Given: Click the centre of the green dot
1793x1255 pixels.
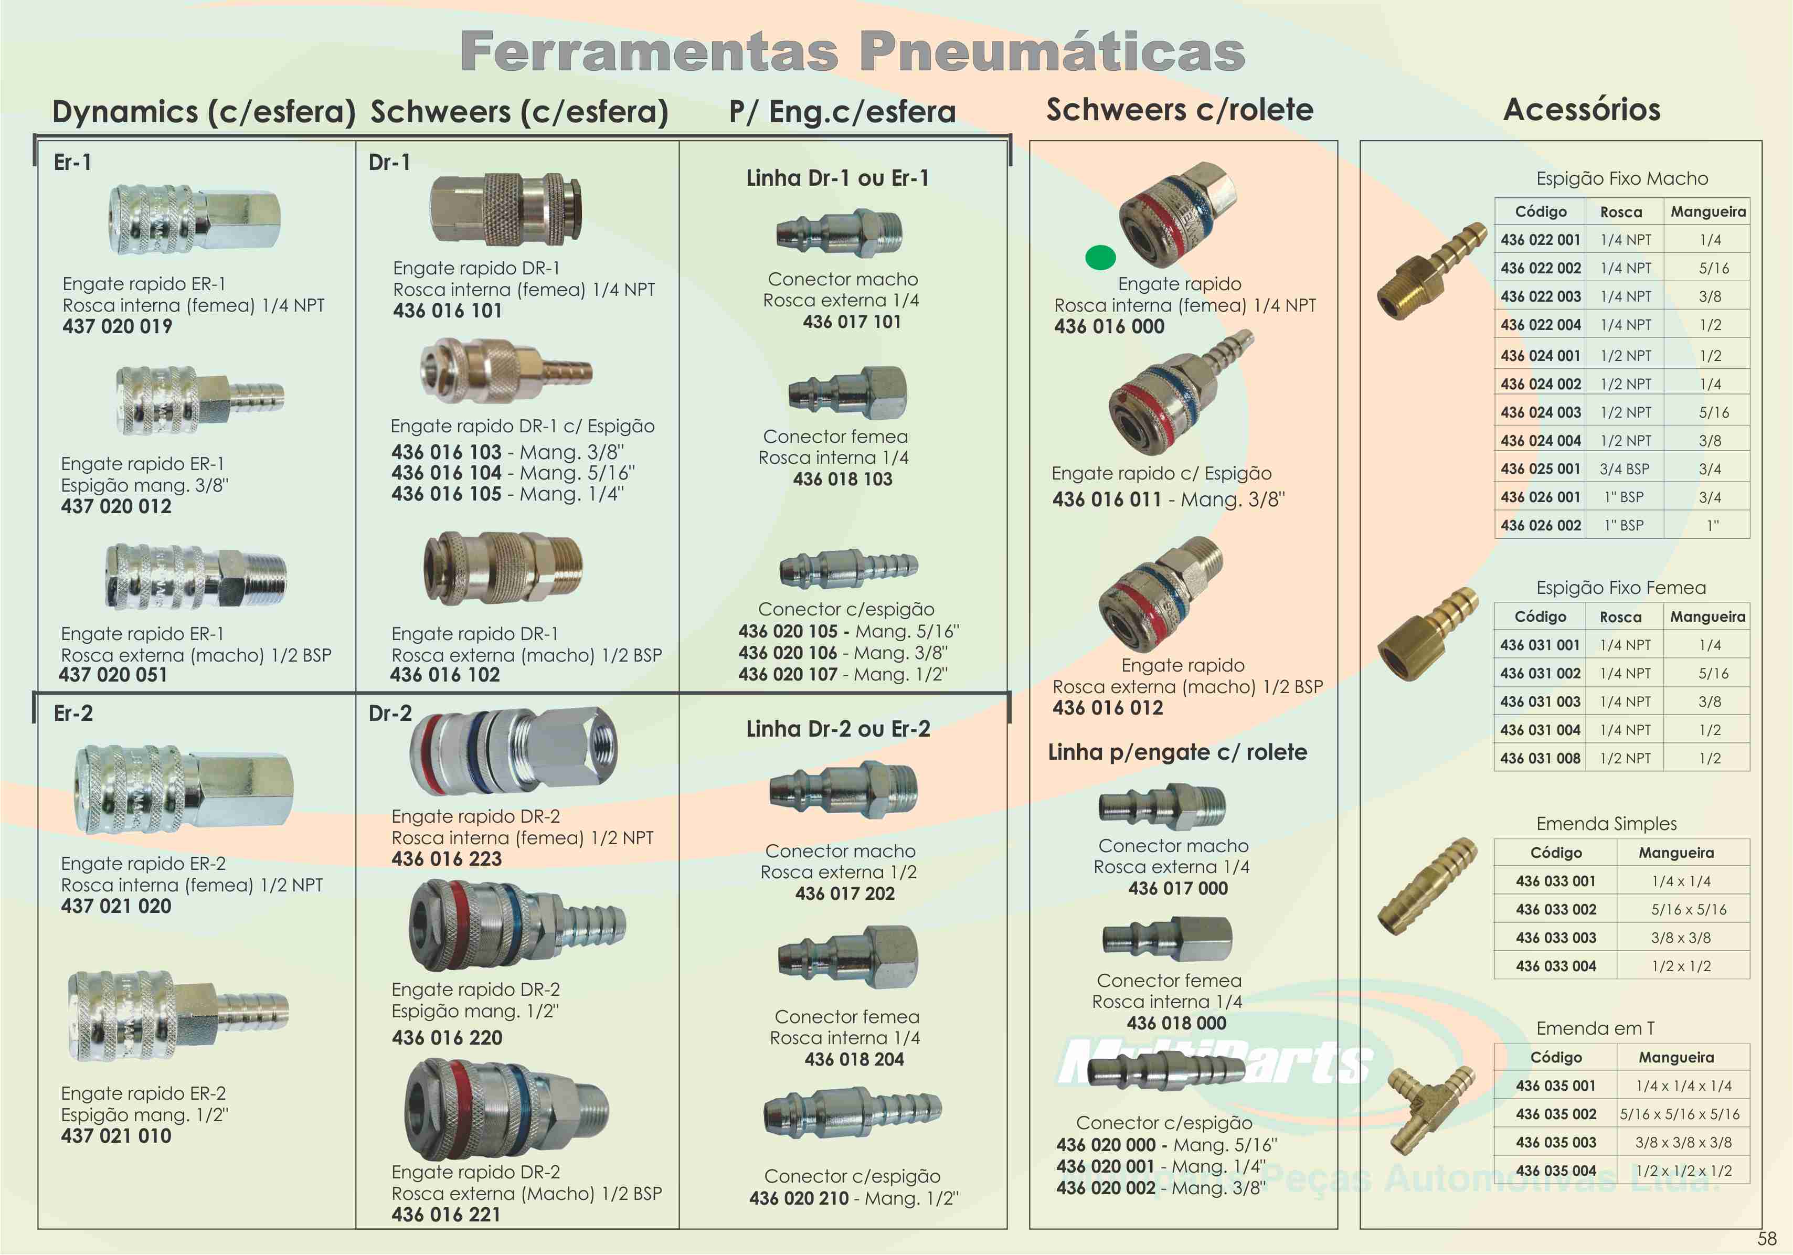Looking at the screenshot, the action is pos(1100,257).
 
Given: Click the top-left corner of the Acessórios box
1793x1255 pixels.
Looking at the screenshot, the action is pos(1361,141).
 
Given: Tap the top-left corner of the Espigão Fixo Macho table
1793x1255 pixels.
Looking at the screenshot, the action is pos(1494,198).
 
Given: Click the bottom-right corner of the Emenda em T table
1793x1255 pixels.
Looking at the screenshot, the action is pos(1750,1184).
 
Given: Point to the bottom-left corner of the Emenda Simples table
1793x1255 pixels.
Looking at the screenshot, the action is pos(1494,980).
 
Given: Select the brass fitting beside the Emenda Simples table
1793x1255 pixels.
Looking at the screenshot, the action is pos(1426,887).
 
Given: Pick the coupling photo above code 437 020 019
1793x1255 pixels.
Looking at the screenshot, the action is pos(194,219).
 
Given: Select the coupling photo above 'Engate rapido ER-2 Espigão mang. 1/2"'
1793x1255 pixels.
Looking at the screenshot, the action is pos(178,1015).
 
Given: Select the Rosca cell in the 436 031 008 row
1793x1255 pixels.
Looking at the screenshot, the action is pos(1625,758).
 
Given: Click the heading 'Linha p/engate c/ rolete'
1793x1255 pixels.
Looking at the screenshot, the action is pos(1177,752).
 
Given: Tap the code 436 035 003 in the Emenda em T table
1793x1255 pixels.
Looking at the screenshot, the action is pos(1556,1143).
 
